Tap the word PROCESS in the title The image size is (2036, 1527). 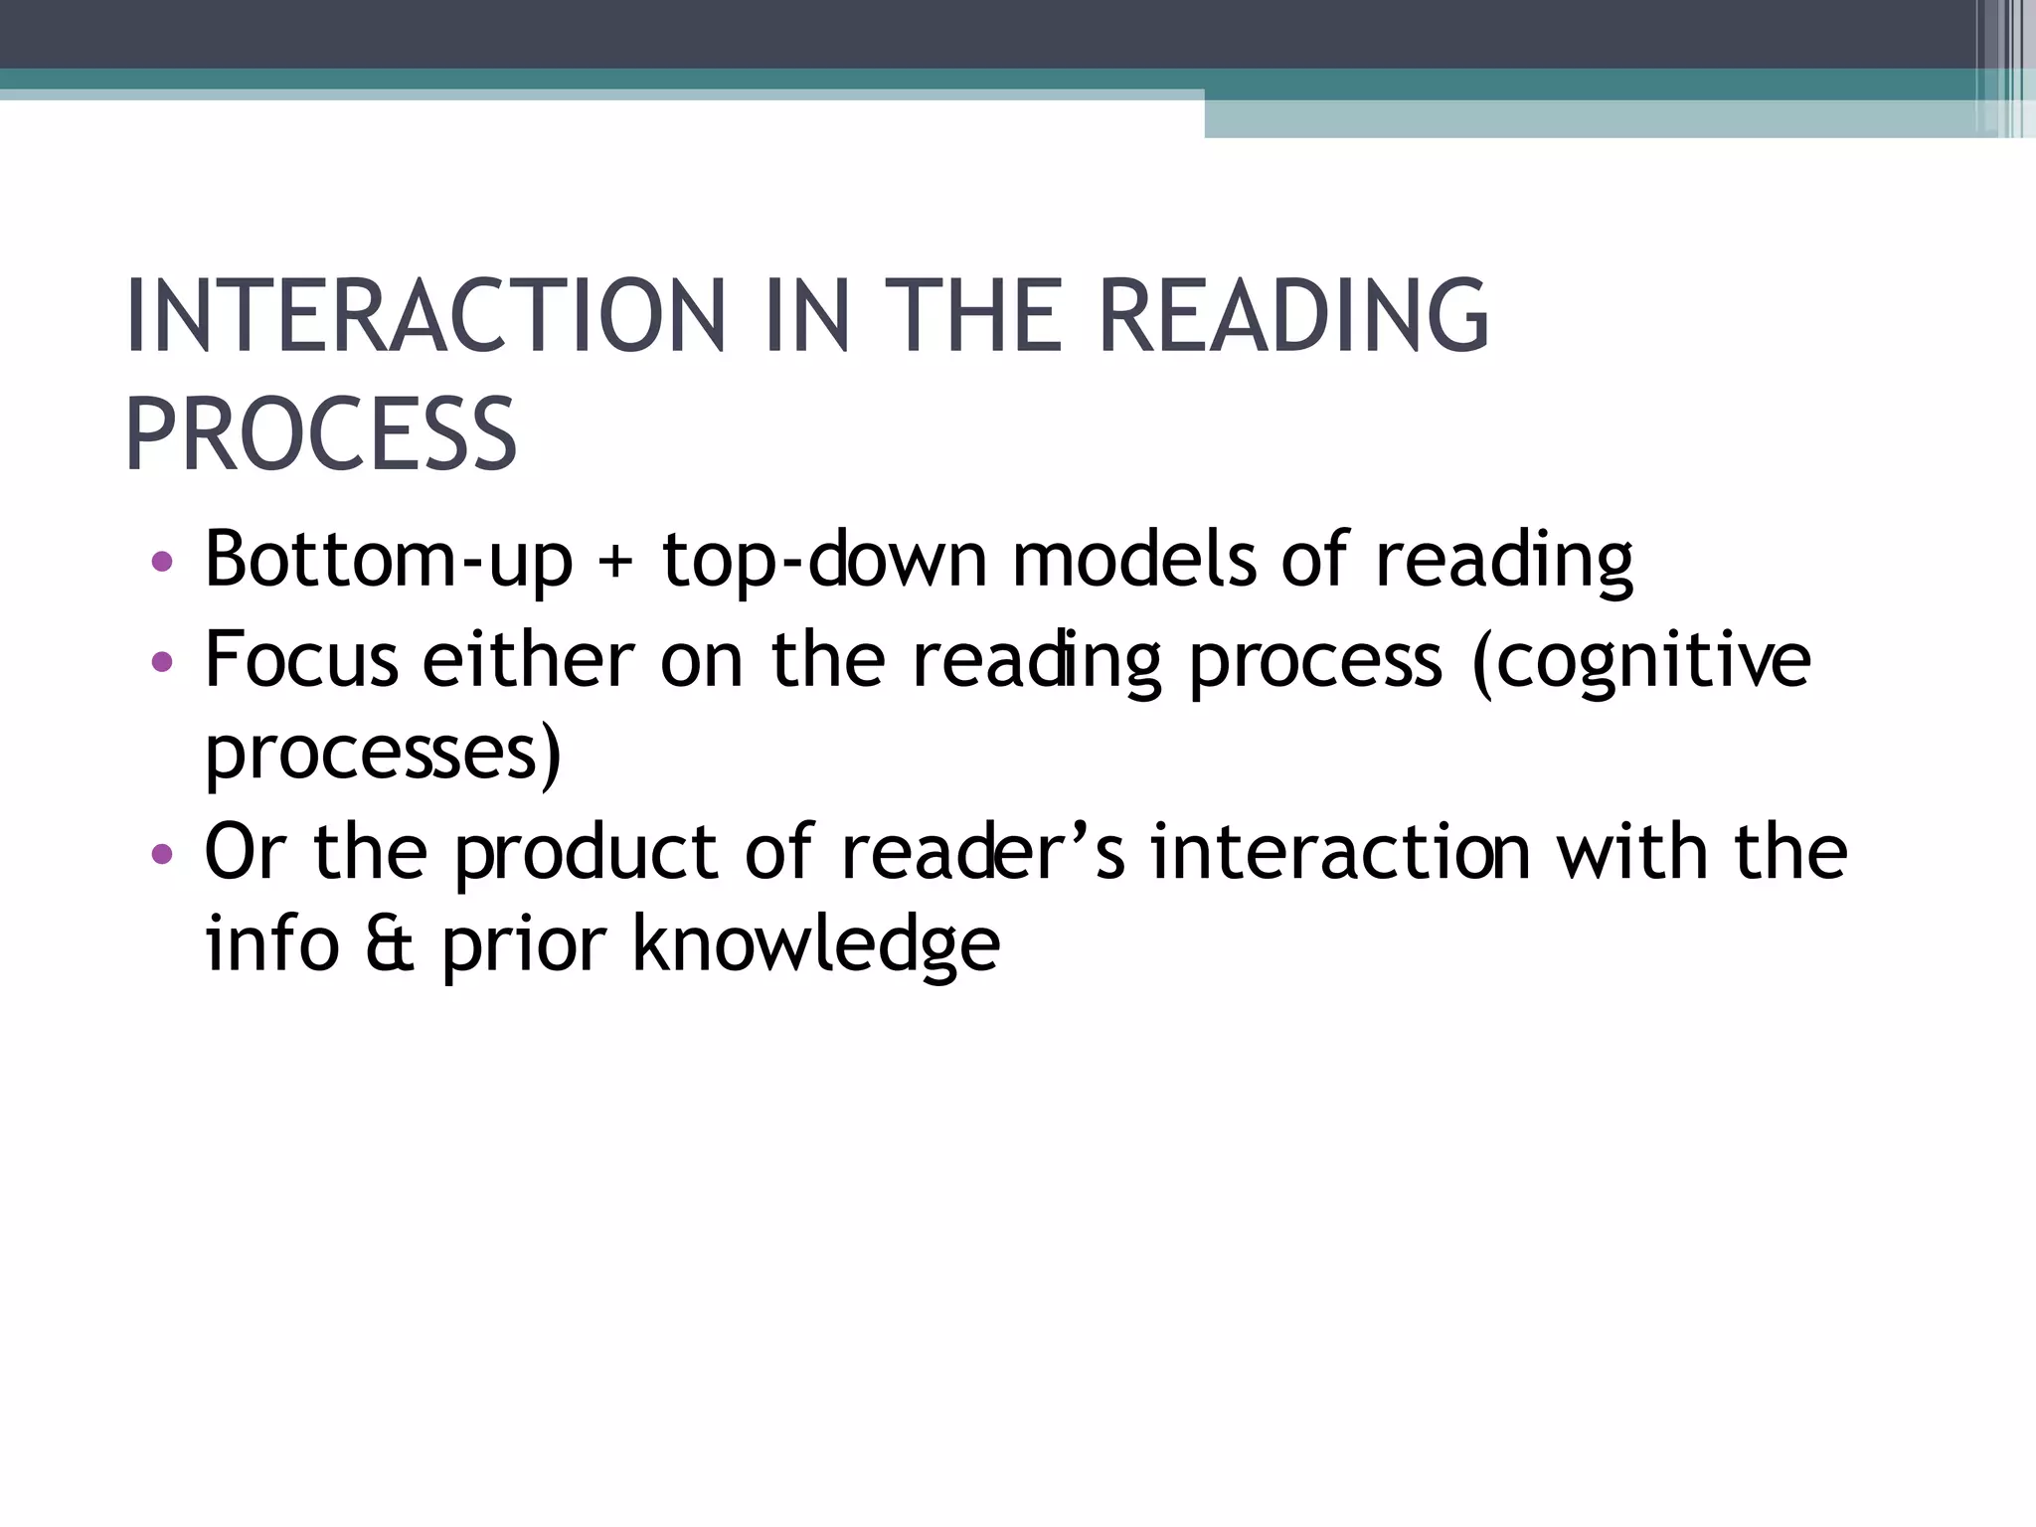320,435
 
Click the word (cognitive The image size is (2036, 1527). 1641,662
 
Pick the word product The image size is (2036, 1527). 586,853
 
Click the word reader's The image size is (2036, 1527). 982,853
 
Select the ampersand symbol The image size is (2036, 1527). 389,945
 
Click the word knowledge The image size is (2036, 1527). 816,945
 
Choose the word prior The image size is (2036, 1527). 523,945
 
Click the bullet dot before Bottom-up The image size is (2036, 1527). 162,563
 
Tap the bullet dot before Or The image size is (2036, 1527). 162,854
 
